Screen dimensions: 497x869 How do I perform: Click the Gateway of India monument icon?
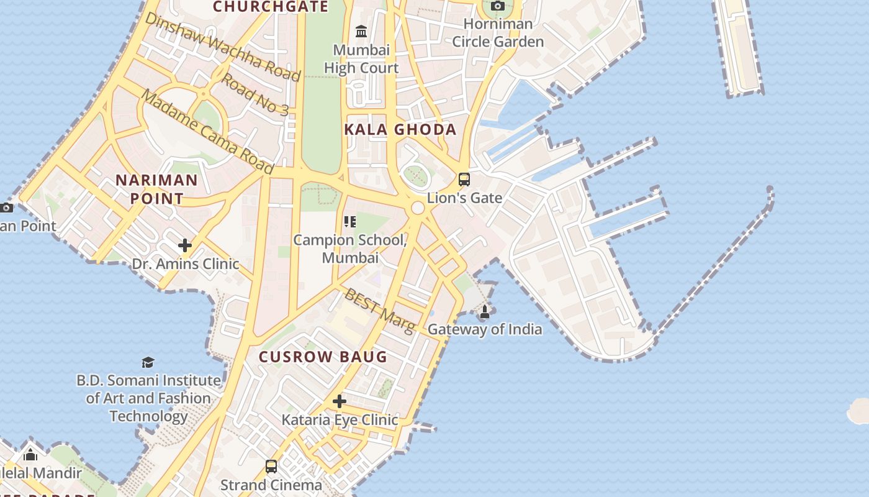(x=485, y=311)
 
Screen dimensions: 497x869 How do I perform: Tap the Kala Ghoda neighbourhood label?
(x=400, y=130)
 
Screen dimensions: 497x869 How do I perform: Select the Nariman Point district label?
(x=157, y=189)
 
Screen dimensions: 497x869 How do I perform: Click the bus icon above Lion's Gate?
(x=464, y=180)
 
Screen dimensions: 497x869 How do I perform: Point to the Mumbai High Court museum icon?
(x=361, y=30)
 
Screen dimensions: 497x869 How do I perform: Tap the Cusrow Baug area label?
(x=323, y=357)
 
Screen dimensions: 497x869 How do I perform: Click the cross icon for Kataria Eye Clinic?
(x=339, y=401)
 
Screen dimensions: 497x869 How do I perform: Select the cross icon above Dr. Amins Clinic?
(x=185, y=245)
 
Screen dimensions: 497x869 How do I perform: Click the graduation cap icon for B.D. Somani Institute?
(x=148, y=362)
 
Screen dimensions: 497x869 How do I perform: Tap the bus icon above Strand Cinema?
(x=271, y=466)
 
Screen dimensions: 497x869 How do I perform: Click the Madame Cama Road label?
(x=207, y=132)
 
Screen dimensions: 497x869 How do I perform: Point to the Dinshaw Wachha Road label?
(x=222, y=47)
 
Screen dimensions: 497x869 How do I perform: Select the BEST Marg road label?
(x=379, y=311)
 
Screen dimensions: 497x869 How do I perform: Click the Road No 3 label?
(x=255, y=94)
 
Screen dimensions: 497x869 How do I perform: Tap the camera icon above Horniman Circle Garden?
(x=497, y=6)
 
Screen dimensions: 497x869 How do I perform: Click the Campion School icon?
(x=349, y=222)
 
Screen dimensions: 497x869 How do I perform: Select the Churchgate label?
(x=271, y=7)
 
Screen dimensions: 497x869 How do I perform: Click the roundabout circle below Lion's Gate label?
(x=418, y=208)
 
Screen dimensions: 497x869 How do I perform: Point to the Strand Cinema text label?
(x=271, y=485)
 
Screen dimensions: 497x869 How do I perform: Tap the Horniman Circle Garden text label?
(x=498, y=33)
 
